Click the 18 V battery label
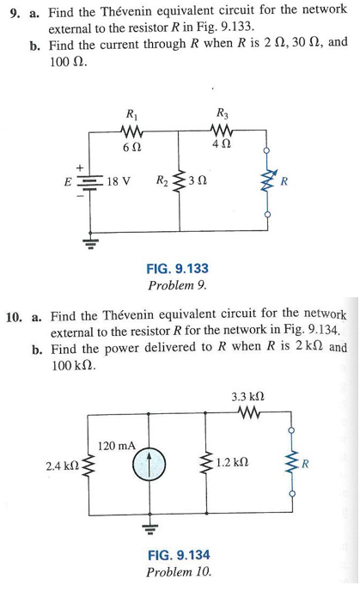click(119, 182)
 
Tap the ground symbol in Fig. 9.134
click(146, 520)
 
